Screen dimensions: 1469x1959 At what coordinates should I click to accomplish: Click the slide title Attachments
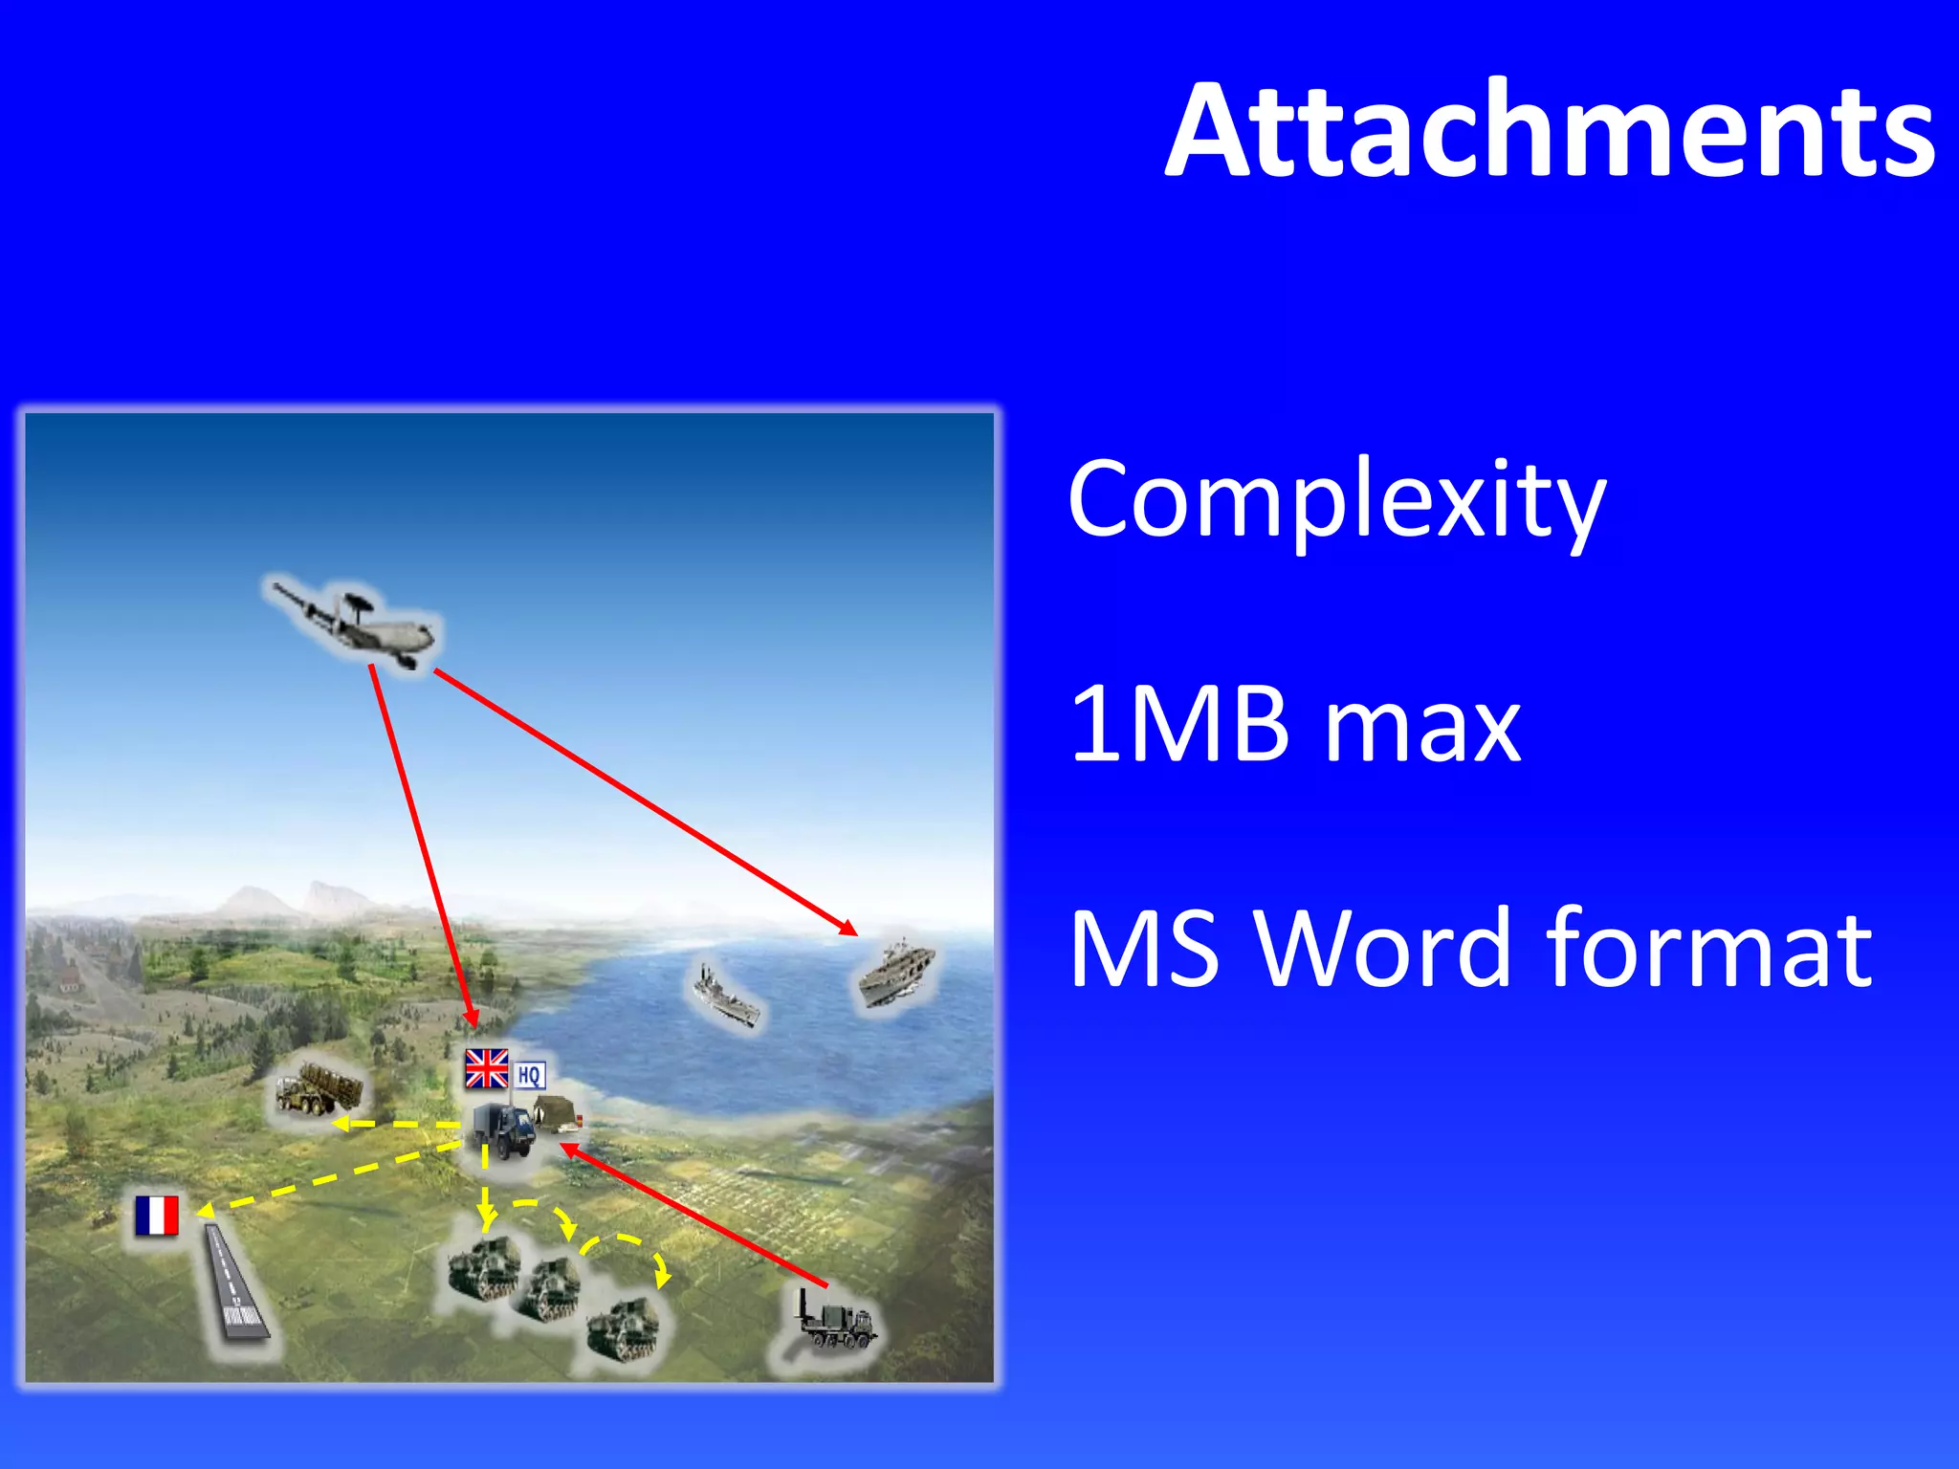click(1550, 131)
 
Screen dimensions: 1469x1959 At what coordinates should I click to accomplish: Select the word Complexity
click(1336, 500)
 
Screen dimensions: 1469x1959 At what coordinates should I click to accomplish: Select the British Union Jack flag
click(487, 1068)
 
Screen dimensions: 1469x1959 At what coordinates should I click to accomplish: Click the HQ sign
click(529, 1075)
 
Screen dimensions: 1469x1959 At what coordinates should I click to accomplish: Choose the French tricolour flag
click(157, 1216)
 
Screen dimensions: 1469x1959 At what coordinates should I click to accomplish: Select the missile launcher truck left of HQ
click(319, 1090)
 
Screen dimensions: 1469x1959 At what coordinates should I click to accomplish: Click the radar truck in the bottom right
click(834, 1320)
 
